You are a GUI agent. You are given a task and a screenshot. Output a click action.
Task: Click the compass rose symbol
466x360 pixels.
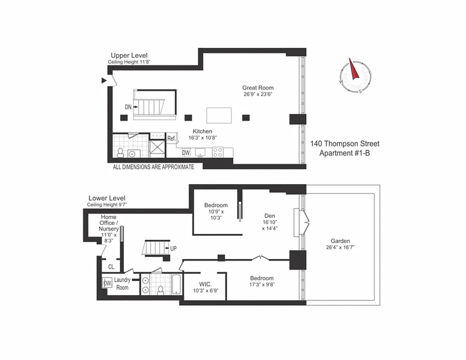[356, 76]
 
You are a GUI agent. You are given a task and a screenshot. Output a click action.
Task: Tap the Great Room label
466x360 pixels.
[258, 88]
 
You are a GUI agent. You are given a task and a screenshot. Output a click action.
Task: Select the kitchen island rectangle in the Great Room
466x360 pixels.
[219, 115]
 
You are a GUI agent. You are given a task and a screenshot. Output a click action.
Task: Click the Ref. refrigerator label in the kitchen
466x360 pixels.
[171, 139]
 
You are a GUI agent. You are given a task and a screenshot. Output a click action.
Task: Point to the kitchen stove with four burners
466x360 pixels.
[218, 152]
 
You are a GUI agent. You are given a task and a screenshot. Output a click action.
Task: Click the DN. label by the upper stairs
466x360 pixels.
[129, 107]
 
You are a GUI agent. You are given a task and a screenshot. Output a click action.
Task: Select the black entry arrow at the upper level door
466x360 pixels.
[104, 81]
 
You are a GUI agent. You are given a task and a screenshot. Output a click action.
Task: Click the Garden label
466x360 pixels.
[340, 241]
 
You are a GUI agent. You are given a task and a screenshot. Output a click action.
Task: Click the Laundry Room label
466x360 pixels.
[122, 283]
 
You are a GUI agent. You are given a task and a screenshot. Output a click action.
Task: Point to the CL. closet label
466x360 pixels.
[111, 267]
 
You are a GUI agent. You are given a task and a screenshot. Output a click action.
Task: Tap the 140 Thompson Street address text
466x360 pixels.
[344, 144]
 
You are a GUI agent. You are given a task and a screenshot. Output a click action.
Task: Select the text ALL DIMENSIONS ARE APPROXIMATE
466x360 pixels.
[153, 167]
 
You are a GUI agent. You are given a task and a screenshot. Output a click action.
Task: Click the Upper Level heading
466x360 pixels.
[129, 56]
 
